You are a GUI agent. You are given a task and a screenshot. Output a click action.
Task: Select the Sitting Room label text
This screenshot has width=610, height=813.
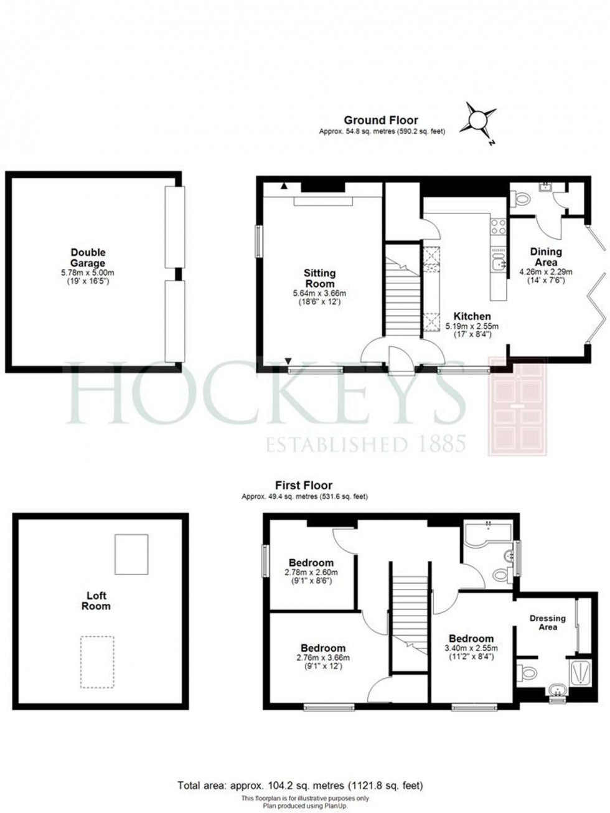click(x=319, y=278)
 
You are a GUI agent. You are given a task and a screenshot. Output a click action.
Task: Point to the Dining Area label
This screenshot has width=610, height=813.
click(x=546, y=257)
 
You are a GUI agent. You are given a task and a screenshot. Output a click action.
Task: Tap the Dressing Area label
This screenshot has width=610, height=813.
click(x=547, y=623)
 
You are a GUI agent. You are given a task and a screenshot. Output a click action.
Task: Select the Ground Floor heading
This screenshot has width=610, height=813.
click(x=381, y=120)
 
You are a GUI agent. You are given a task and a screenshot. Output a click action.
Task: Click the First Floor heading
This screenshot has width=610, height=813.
click(x=304, y=485)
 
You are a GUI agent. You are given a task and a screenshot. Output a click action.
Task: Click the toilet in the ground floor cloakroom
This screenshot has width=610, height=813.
click(x=520, y=199)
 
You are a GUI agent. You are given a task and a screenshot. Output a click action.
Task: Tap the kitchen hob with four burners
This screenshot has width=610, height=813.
click(x=499, y=227)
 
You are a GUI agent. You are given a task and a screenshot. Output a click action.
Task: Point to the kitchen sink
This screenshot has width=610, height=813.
click(x=498, y=265)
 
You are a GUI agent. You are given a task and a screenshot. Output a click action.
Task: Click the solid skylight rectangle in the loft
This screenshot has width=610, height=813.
click(x=131, y=554)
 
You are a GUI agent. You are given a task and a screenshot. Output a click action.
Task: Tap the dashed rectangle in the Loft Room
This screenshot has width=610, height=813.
click(x=97, y=662)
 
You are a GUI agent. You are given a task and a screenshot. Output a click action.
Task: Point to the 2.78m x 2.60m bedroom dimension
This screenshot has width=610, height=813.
click(x=310, y=576)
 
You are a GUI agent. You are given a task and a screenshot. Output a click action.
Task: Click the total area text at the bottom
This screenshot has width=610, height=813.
click(x=304, y=786)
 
